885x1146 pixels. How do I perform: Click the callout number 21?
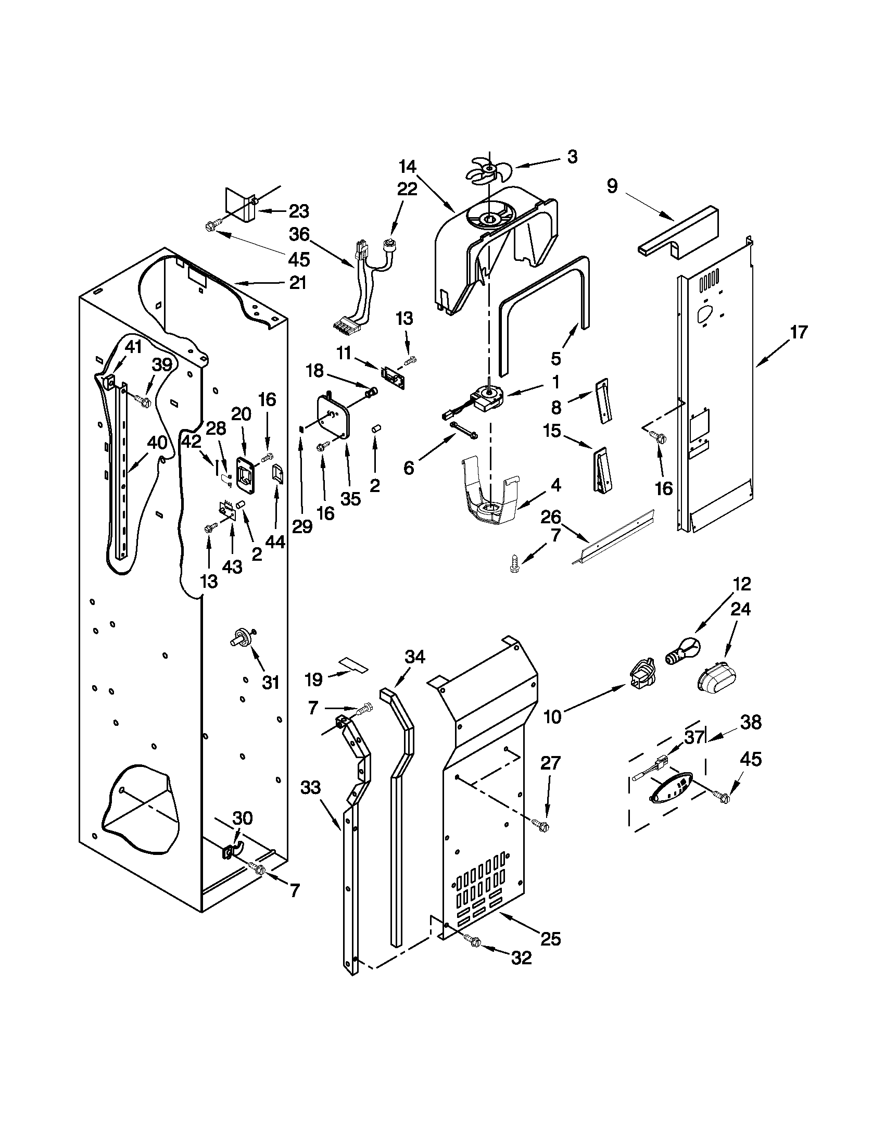click(297, 283)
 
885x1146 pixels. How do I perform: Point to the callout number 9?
click(613, 186)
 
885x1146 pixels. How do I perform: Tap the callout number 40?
click(157, 443)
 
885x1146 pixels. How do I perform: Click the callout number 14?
click(408, 167)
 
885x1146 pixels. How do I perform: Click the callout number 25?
click(551, 939)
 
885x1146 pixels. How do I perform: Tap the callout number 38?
click(751, 722)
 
